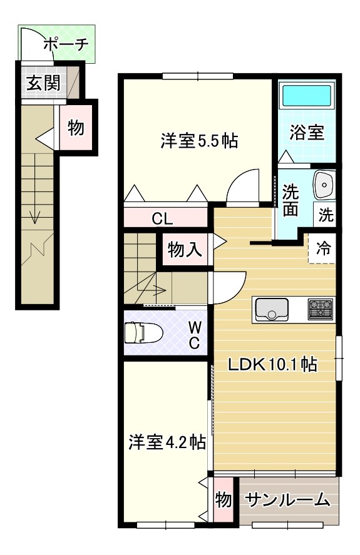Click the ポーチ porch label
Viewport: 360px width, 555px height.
click(x=66, y=44)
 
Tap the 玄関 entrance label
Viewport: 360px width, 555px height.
click(x=43, y=84)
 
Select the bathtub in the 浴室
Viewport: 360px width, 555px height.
click(x=307, y=96)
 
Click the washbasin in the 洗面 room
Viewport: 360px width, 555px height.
click(x=324, y=185)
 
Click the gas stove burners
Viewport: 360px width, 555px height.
click(x=321, y=309)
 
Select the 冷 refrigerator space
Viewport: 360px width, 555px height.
click(x=321, y=248)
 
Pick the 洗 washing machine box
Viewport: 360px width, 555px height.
click(x=324, y=215)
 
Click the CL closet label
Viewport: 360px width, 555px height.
click(x=162, y=219)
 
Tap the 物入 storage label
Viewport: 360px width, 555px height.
click(x=184, y=249)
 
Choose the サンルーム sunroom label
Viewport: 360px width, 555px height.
click(x=287, y=500)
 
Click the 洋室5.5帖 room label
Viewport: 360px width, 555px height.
click(x=199, y=141)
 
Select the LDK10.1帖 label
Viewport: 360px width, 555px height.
click(x=272, y=364)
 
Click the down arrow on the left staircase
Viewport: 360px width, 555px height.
click(x=34, y=216)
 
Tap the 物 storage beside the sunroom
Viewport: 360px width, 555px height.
click(x=224, y=499)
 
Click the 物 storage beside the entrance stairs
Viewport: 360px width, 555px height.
click(x=76, y=127)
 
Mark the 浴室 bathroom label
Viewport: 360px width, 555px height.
click(x=307, y=133)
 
